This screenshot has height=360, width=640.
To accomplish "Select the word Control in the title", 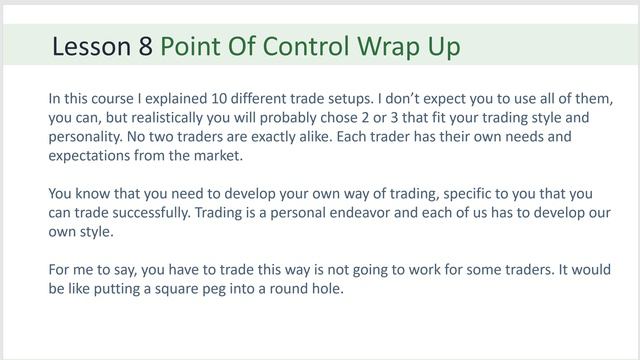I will pos(324,47).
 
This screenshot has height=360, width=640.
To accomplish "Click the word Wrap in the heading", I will pos(400,47).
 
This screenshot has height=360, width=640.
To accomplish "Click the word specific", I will pos(477,194).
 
